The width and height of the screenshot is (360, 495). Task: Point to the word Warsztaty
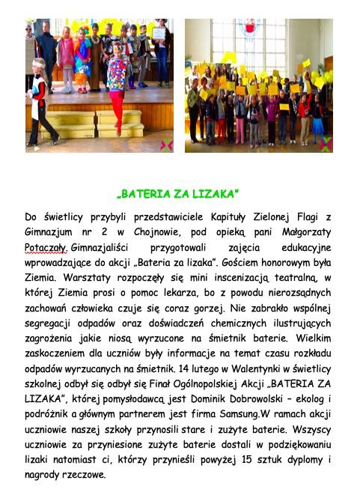pos(76,278)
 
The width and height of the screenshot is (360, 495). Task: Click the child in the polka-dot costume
pos(117,82)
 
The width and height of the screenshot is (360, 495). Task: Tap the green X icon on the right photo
pos(323,145)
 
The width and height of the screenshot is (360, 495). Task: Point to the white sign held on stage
pos(159,34)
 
